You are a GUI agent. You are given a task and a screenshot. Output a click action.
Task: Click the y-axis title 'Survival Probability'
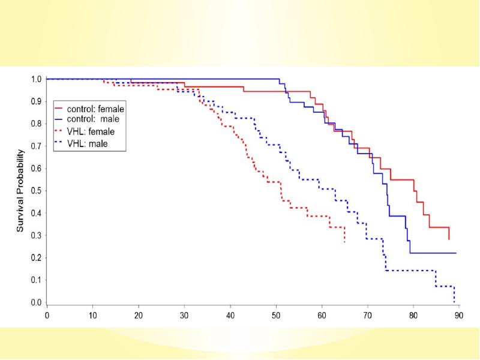tap(20, 190)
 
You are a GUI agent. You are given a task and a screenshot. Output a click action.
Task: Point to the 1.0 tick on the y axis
tap(36, 79)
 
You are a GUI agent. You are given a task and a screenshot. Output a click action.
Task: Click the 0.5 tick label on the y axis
tap(36, 191)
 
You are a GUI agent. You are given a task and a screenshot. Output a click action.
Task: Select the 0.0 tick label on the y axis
tap(36, 303)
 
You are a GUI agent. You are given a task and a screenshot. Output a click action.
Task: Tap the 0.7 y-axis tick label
tap(36, 146)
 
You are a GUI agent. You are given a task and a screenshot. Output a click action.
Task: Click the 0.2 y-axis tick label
tap(36, 258)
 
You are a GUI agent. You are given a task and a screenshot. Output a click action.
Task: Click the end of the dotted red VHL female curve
tap(344, 242)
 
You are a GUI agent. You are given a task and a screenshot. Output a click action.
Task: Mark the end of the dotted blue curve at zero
tap(454, 302)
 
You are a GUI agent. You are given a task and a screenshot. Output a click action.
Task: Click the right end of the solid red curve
tap(449, 239)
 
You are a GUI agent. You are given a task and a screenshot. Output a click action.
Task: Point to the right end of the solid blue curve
tap(456, 253)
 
